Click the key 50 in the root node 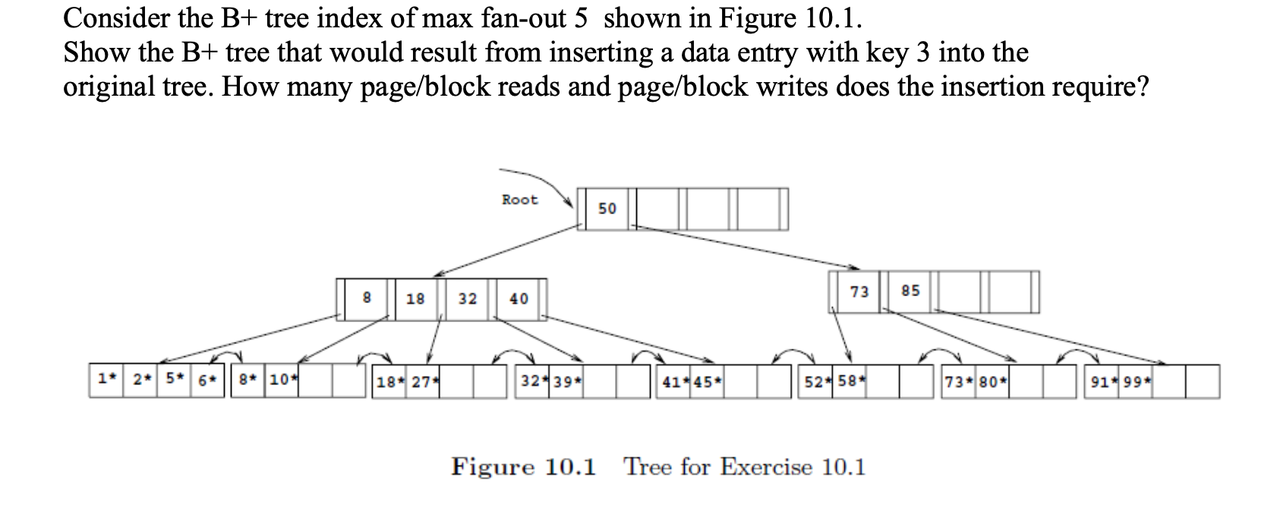(x=607, y=208)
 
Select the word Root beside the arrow (x=519, y=200)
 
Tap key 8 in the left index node (x=367, y=298)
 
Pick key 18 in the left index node (x=415, y=299)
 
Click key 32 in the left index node (x=468, y=299)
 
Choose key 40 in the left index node (x=519, y=299)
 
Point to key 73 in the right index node (x=859, y=292)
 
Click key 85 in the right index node (x=910, y=291)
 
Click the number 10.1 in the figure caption (x=570, y=466)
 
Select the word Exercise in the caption (x=765, y=466)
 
